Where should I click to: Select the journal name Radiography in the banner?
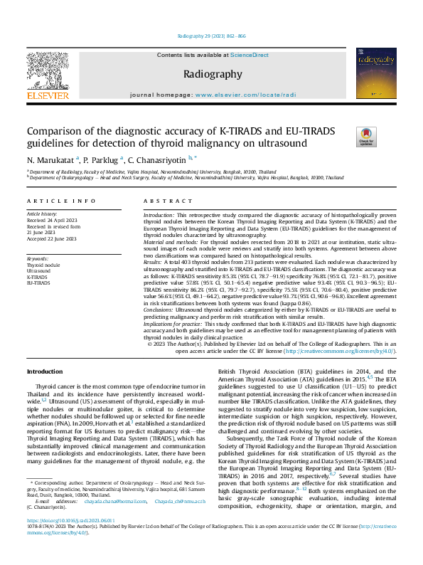point(213,74)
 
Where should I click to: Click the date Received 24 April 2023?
point(51,219)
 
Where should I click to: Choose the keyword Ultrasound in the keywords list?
point(38,270)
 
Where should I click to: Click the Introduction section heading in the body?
point(44,372)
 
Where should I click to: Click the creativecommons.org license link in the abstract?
point(320,350)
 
